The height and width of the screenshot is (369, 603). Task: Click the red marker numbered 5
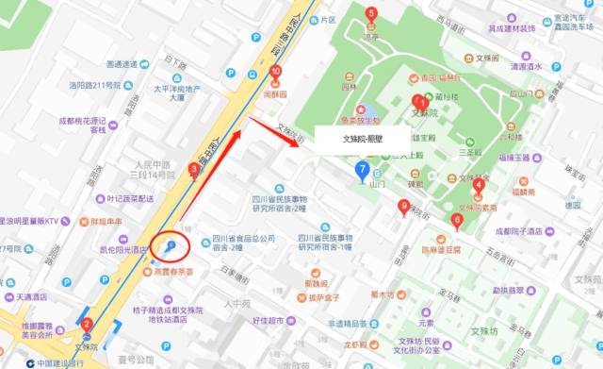click(x=371, y=15)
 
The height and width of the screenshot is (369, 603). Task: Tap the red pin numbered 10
click(x=275, y=72)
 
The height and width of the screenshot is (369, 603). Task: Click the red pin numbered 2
click(x=87, y=326)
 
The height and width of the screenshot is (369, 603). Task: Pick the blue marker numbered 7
click(x=361, y=170)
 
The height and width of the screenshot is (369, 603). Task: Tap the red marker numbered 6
click(x=457, y=222)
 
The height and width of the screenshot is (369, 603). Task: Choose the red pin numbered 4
click(x=479, y=186)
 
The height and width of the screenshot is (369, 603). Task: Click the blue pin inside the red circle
click(x=171, y=246)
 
